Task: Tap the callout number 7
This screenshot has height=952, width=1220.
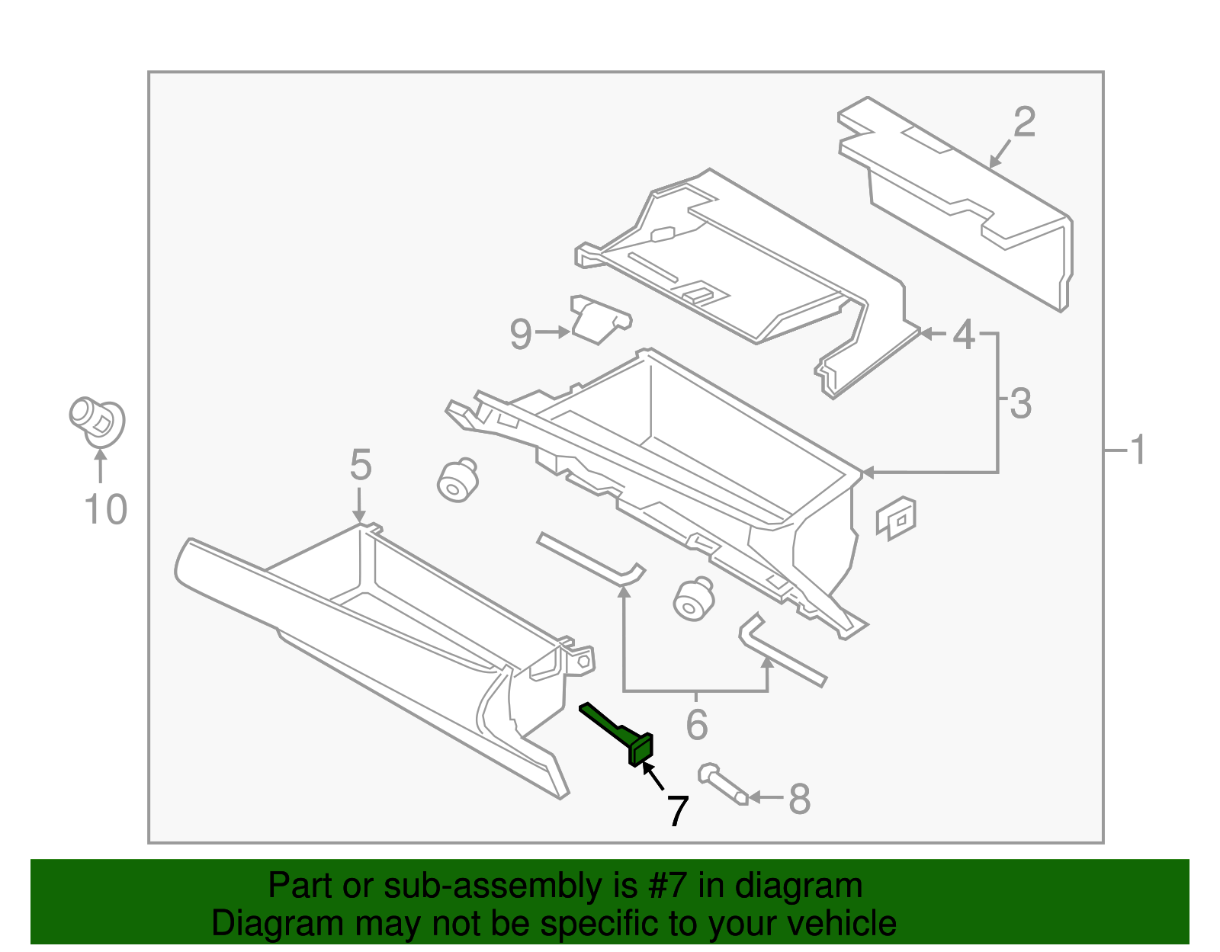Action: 678,811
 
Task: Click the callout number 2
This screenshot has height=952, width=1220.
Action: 1024,122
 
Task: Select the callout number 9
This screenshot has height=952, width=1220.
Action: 520,334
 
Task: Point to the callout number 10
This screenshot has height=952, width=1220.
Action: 105,509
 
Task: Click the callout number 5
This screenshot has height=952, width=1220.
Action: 360,464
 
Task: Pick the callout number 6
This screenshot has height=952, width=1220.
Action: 697,724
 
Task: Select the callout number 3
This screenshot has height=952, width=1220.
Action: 1020,404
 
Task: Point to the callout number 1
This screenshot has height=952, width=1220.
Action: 1137,450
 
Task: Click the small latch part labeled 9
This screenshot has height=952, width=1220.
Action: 599,319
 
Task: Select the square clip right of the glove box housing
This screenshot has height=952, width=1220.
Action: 896,518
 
